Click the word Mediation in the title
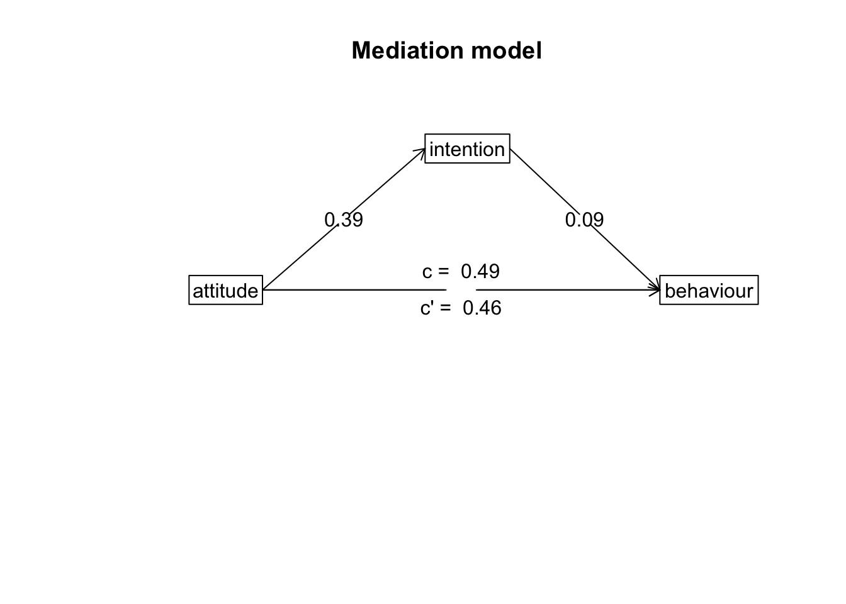point(402,50)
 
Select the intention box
point(467,149)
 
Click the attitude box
point(225,291)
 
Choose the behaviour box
point(709,291)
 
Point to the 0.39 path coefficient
point(344,220)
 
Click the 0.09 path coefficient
point(584,220)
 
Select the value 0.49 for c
point(480,271)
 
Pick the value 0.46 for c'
point(482,308)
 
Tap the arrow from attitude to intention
point(302,255)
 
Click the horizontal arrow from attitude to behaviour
point(567,290)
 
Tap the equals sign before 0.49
point(444,272)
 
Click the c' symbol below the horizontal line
point(427,308)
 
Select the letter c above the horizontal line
point(427,272)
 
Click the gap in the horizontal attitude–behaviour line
point(461,290)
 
